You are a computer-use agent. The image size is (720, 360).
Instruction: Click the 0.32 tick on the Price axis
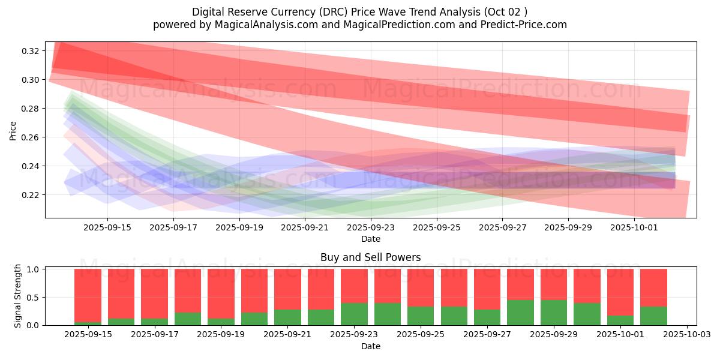click(31, 51)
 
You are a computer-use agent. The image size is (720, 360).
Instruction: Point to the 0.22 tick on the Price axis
click(31, 195)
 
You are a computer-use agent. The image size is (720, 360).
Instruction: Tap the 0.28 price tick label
click(31, 109)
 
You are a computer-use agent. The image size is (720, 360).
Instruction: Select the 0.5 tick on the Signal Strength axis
click(32, 297)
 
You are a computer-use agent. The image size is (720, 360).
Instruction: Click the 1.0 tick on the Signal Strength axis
click(32, 269)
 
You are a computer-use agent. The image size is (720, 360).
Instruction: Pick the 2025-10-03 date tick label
click(686, 334)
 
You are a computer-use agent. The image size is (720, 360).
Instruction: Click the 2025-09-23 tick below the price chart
click(370, 227)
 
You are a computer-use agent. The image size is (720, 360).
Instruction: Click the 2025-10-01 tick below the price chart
click(634, 227)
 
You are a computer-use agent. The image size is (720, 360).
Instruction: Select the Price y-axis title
click(13, 130)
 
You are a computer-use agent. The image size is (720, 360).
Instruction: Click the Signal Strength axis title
click(18, 296)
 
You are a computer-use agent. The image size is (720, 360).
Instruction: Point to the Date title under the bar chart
click(370, 346)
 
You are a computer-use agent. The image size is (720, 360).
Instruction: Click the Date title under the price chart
click(370, 239)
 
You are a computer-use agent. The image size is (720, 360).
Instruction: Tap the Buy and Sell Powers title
click(370, 257)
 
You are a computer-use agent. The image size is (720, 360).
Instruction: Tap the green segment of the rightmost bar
click(653, 316)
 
